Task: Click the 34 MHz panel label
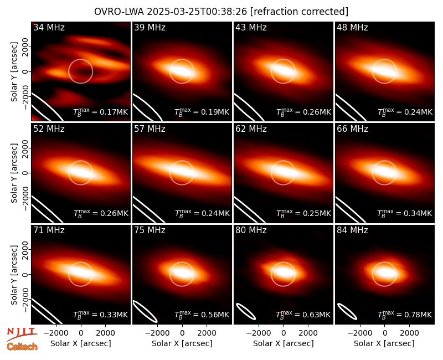pyautogui.click(x=49, y=27)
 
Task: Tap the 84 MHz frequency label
pyautogui.click(x=352, y=230)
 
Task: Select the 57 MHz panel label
pyautogui.click(x=150, y=129)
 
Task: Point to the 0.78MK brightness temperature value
pyautogui.click(x=405, y=315)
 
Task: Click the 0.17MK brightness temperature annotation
pyautogui.click(x=101, y=112)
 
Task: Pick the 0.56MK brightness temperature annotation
pyautogui.click(x=202, y=315)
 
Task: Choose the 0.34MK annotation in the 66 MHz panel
pyautogui.click(x=405, y=213)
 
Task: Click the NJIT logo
pyautogui.click(x=22, y=334)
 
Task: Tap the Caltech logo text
pyautogui.click(x=22, y=347)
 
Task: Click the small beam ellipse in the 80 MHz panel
pyautogui.click(x=246, y=311)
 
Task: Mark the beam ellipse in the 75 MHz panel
pyautogui.click(x=145, y=311)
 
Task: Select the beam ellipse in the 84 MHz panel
pyautogui.click(x=347, y=311)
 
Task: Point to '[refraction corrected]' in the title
pyautogui.click(x=300, y=12)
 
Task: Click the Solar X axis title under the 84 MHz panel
pyautogui.click(x=384, y=343)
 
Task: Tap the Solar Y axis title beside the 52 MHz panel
pyautogui.click(x=14, y=173)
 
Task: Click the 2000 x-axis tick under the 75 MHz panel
pyautogui.click(x=207, y=333)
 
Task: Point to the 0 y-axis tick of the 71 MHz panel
pyautogui.click(x=25, y=274)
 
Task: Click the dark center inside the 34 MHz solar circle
pyautogui.click(x=80, y=72)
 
